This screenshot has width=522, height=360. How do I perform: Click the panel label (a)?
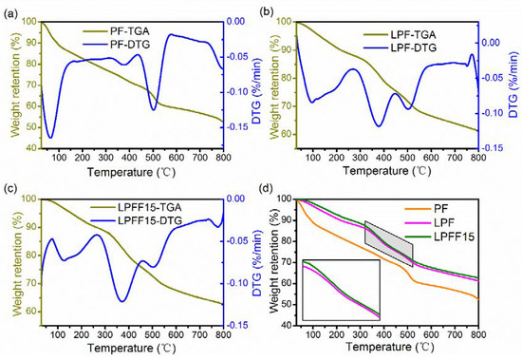coord(9,9)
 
